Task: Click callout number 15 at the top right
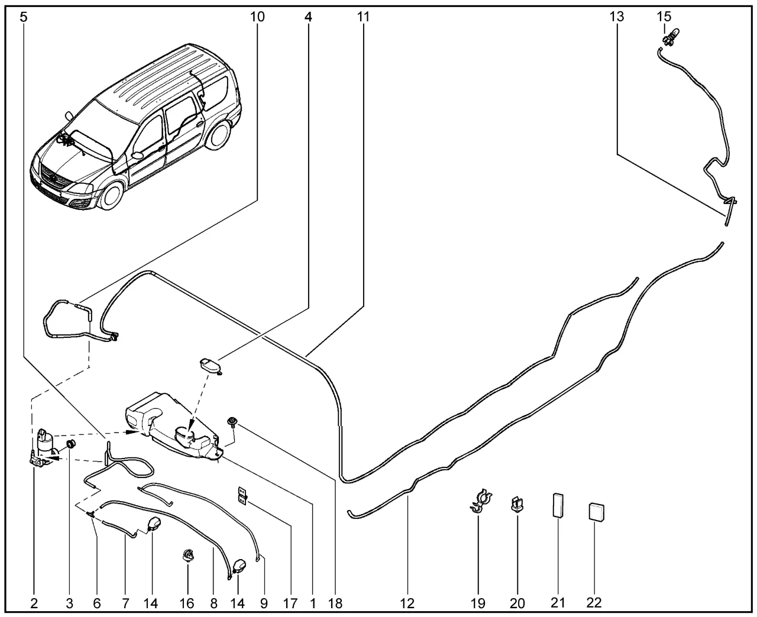pyautogui.click(x=665, y=17)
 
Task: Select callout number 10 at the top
pyautogui.click(x=257, y=17)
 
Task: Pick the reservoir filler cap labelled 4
pyautogui.click(x=211, y=364)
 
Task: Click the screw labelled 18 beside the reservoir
pyautogui.click(x=231, y=422)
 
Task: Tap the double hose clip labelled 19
pyautogui.click(x=480, y=500)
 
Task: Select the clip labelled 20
pyautogui.click(x=517, y=505)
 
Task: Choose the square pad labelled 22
pyautogui.click(x=597, y=511)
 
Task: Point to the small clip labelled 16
pyautogui.click(x=187, y=554)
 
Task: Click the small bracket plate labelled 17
pyautogui.click(x=242, y=495)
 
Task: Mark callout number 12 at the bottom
pyautogui.click(x=407, y=603)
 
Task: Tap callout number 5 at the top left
pyautogui.click(x=23, y=17)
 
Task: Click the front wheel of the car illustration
pyautogui.click(x=111, y=195)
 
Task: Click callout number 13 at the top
pyautogui.click(x=616, y=17)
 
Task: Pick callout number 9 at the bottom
pyautogui.click(x=264, y=603)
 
